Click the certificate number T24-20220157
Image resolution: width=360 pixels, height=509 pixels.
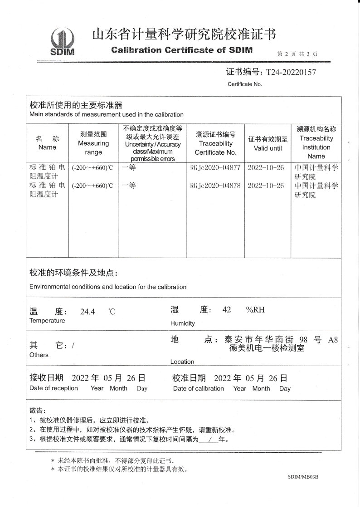click(x=291, y=72)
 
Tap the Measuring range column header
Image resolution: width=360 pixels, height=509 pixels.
click(x=93, y=143)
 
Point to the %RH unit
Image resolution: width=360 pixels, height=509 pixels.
click(x=255, y=310)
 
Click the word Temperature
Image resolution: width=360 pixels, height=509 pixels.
click(x=47, y=321)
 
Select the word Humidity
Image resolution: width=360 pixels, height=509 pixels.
click(x=182, y=323)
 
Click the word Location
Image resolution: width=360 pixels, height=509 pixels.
click(x=182, y=362)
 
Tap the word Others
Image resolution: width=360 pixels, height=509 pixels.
click(x=39, y=355)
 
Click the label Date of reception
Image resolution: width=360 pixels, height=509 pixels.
click(x=54, y=388)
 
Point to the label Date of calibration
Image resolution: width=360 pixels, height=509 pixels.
click(x=199, y=389)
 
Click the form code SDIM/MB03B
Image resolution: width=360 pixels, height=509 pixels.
click(x=303, y=478)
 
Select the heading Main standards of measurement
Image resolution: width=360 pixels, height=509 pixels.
click(x=107, y=114)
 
